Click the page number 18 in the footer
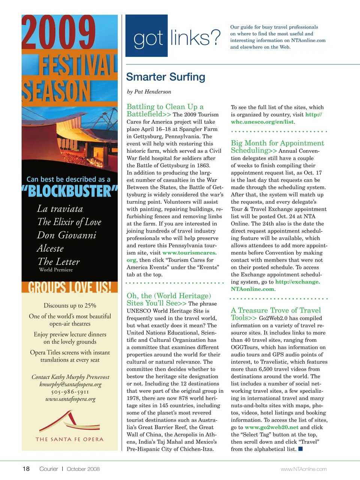[26, 469]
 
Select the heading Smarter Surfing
[165, 77]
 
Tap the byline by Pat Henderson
[149, 91]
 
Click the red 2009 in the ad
[58, 33]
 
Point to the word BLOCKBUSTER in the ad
[70, 191]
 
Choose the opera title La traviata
[60, 209]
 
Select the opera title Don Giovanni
[66, 235]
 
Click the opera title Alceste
[50, 249]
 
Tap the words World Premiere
[56, 270]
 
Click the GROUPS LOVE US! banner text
[70, 287]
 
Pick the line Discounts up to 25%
[70, 305]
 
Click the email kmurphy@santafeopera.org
[70, 384]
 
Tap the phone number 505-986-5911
[70, 392]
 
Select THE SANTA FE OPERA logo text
[69, 439]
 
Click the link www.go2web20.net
[271, 427]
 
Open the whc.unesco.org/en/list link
[262, 122]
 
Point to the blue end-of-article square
[300, 449]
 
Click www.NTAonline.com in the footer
[303, 469]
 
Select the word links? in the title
[195, 38]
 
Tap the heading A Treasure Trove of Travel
[276, 310]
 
